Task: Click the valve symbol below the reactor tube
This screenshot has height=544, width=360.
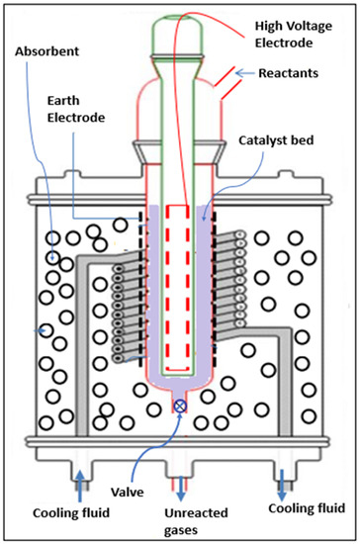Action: pos(180,407)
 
